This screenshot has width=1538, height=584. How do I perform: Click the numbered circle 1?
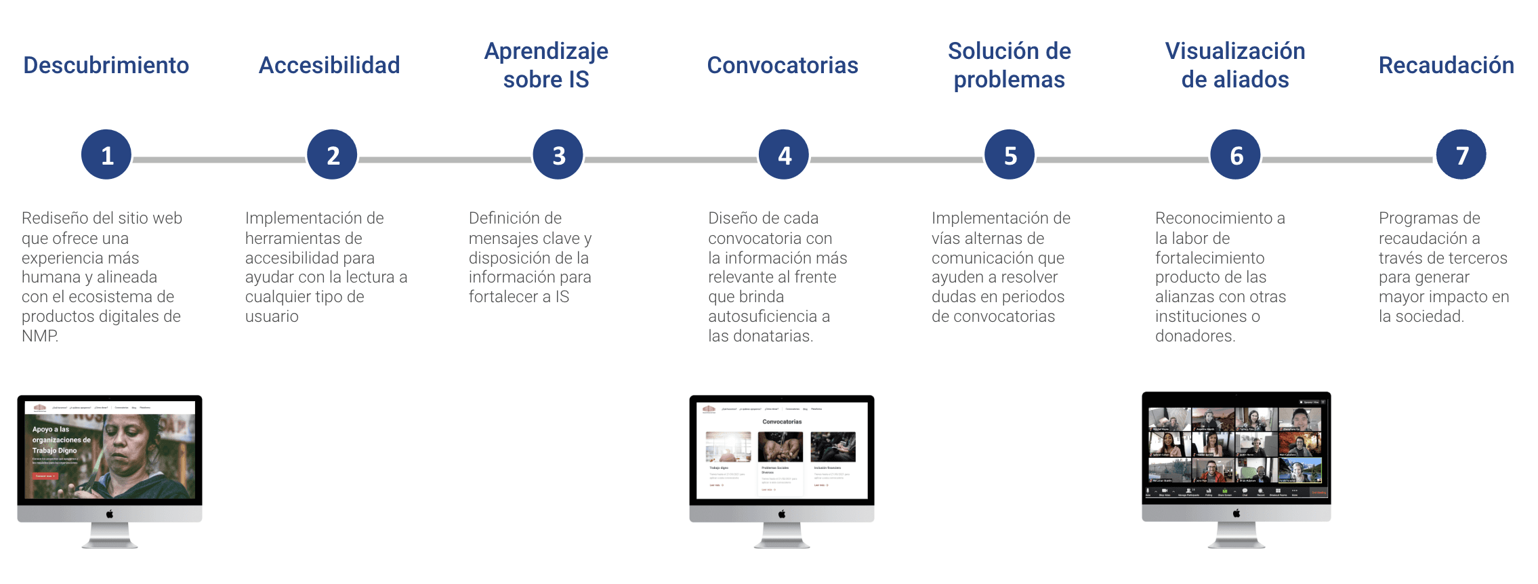coord(106,155)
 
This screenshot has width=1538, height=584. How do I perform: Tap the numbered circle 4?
coord(784,155)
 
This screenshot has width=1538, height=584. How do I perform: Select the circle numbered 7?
coord(1461,155)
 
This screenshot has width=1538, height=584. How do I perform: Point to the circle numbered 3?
coord(558,155)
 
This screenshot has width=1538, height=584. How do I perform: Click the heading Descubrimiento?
coord(106,65)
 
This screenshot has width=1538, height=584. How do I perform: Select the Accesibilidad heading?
coord(329,65)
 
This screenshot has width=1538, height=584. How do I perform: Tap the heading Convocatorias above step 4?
coord(783,65)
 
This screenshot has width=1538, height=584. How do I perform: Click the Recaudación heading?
coord(1447,65)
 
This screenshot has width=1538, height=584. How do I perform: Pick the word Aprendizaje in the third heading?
coord(546,51)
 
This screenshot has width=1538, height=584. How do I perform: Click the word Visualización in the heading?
coord(1235,51)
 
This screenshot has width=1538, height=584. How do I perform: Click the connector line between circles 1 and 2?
coord(219,160)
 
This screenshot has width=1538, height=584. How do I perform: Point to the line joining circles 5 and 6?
coord(1122,160)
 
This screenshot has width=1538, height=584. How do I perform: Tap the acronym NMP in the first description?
coord(39,336)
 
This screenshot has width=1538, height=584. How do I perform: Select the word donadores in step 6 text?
coord(1194,336)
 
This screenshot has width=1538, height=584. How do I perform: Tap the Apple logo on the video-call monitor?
coord(1236,514)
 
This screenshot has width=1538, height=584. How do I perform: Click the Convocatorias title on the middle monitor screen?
coord(782,421)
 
